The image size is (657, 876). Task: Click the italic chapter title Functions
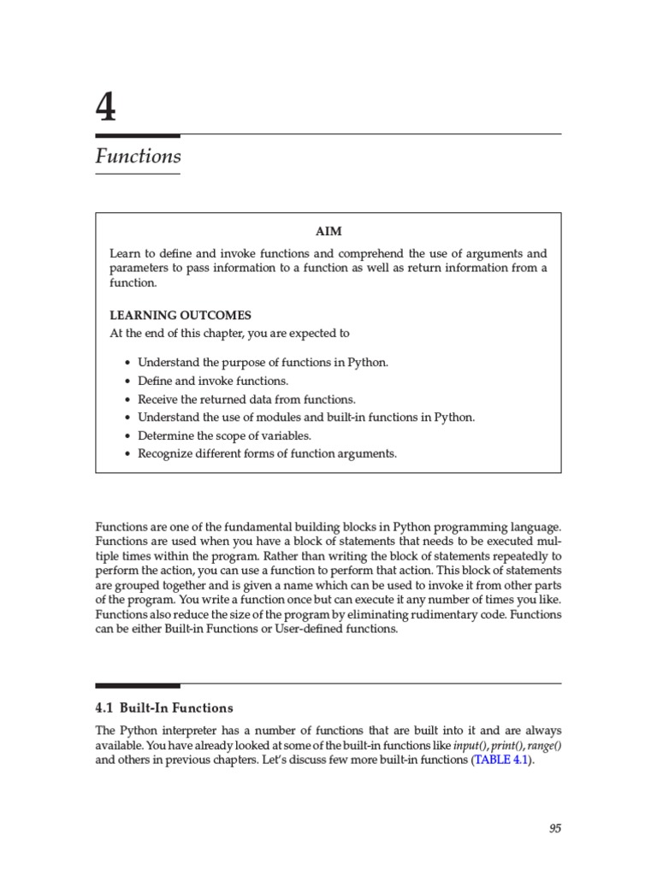pyautogui.click(x=138, y=157)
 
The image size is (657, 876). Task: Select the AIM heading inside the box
pyautogui.click(x=328, y=232)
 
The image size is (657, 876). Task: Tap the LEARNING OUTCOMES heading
pyautogui.click(x=181, y=315)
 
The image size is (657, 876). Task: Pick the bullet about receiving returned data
pyautogui.click(x=246, y=400)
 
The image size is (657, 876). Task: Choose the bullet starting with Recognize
pyautogui.click(x=267, y=453)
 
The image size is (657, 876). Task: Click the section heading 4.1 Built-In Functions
pyautogui.click(x=163, y=708)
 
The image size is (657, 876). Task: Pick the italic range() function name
pyautogui.click(x=545, y=745)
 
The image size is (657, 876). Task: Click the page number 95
pyautogui.click(x=554, y=828)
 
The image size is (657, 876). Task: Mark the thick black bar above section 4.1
pyautogui.click(x=137, y=685)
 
